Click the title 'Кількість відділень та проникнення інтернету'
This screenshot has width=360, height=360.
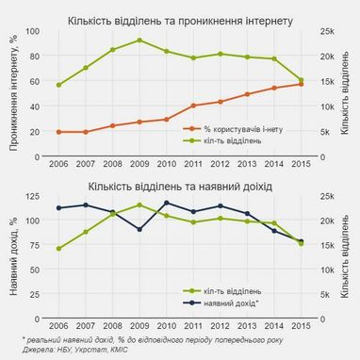pyautogui.click(x=180, y=20)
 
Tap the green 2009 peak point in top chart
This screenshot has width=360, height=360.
pyautogui.click(x=139, y=41)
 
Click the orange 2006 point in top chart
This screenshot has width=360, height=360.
pyautogui.click(x=58, y=132)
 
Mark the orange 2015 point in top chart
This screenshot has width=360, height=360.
pyautogui.click(x=302, y=84)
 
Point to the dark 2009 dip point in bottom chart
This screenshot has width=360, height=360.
pyautogui.click(x=139, y=229)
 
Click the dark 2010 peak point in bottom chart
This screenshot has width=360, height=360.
pyautogui.click(x=167, y=203)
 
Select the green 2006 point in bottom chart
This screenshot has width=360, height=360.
pyautogui.click(x=58, y=249)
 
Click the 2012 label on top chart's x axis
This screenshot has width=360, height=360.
pyautogui.click(x=221, y=166)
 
